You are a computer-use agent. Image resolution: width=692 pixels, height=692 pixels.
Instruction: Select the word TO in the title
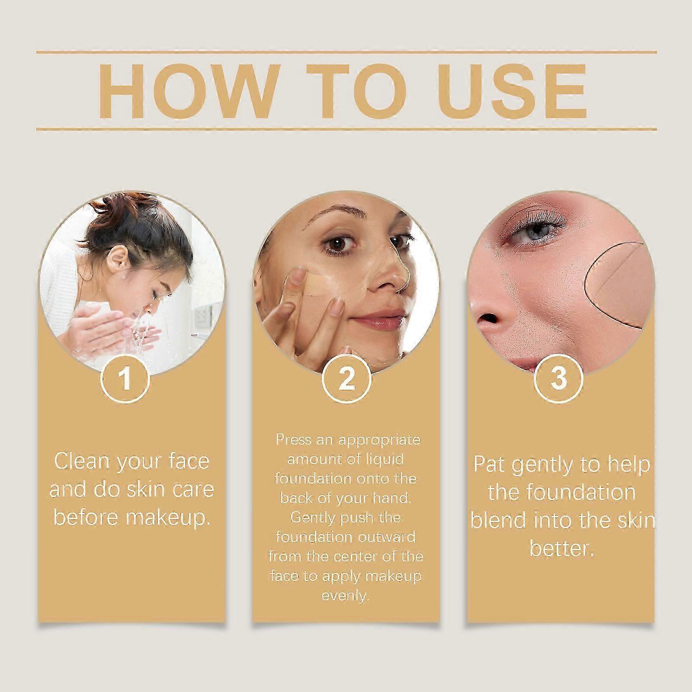pos(358,91)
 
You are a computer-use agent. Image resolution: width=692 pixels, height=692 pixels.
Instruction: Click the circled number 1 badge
pos(125,378)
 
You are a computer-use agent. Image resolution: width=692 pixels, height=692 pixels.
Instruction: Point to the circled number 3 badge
pos(558,378)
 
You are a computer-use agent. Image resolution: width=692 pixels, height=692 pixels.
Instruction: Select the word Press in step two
pos(294,440)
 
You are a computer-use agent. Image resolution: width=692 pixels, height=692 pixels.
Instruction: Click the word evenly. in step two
pos(345,596)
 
